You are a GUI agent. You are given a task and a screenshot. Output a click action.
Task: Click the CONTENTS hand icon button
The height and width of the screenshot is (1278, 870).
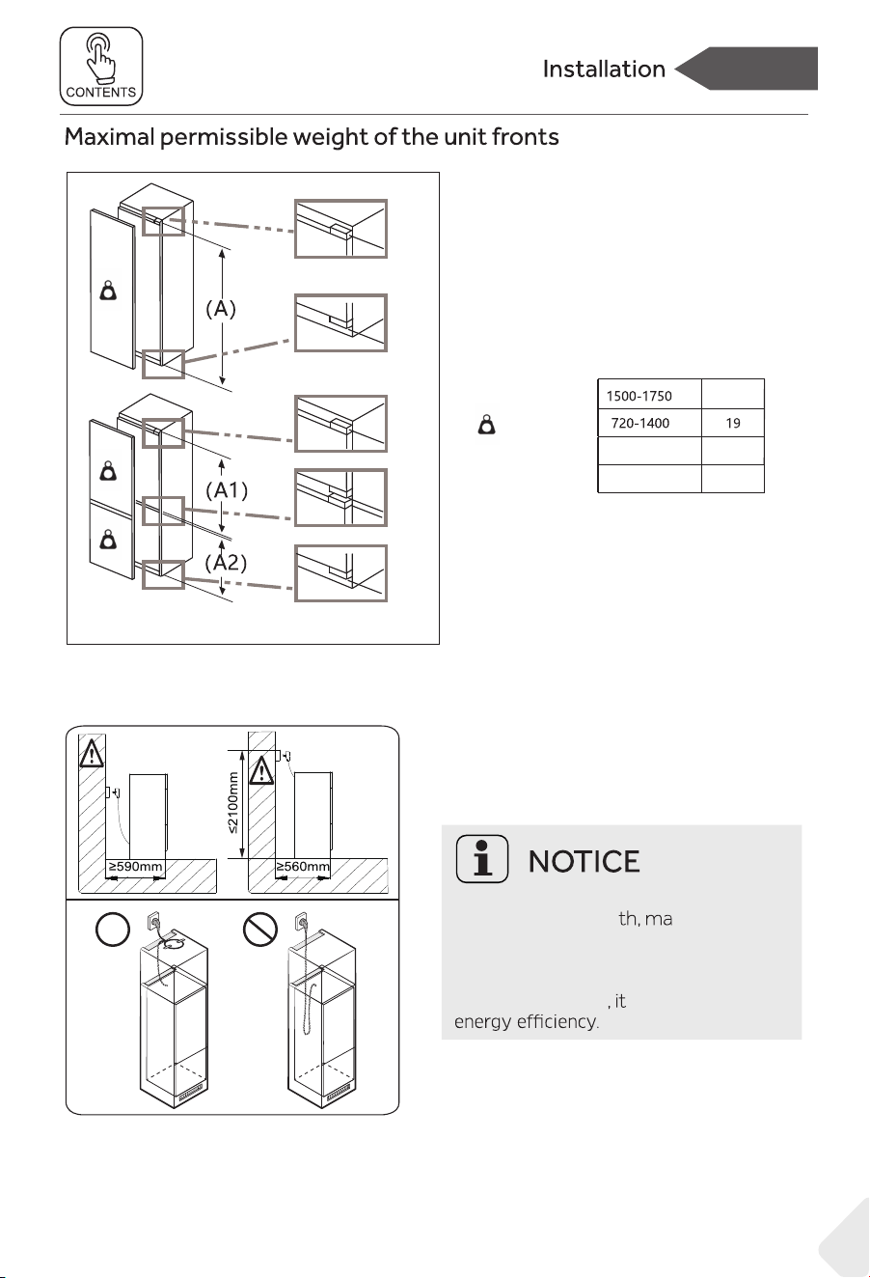[101, 67]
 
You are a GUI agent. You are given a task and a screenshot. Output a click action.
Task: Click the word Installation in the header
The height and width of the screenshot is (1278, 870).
[604, 69]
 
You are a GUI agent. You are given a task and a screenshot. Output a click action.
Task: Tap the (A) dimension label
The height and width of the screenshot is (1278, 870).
[221, 309]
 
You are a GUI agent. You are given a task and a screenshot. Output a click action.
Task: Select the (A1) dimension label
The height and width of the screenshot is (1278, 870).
[227, 490]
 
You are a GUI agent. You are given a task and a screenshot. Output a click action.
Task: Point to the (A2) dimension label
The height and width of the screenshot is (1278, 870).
[226, 563]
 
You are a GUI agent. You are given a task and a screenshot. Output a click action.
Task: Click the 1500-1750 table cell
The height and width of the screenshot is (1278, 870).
[649, 394]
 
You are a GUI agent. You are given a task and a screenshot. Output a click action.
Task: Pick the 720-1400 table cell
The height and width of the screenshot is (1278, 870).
[649, 423]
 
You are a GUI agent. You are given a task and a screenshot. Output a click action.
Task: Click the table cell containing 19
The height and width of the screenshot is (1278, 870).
[733, 423]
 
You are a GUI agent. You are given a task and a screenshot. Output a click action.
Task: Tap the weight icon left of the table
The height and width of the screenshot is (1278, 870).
[486, 425]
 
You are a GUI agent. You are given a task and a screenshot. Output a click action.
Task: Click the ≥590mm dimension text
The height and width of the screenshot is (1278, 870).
[136, 867]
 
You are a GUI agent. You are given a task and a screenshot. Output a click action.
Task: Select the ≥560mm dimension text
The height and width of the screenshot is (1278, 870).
[303, 867]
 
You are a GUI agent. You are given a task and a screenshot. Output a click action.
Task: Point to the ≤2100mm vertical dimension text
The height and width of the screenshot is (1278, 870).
[232, 803]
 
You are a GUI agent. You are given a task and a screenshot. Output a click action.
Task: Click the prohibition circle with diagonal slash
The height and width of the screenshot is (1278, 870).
[260, 930]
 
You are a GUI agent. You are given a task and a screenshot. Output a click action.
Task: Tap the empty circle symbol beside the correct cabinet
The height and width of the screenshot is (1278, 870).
[112, 930]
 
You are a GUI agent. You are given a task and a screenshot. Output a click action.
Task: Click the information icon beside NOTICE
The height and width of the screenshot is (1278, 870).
[481, 859]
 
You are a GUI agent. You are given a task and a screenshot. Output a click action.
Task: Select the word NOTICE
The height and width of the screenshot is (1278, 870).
[584, 862]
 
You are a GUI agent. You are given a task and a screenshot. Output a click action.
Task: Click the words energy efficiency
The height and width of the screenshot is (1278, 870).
[527, 1021]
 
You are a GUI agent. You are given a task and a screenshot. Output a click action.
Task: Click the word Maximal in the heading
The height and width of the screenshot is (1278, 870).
[109, 137]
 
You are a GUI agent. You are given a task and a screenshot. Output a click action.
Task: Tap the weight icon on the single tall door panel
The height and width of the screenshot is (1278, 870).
[108, 291]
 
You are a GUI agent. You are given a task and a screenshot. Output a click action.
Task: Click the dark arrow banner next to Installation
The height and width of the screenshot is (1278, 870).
[747, 69]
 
